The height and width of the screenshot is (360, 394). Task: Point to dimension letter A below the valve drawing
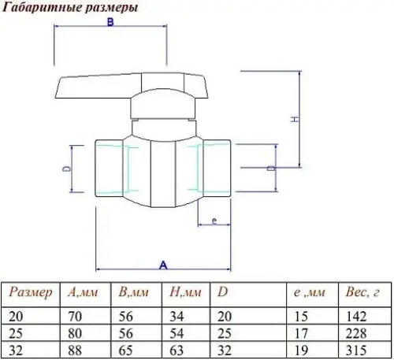pos(164,265)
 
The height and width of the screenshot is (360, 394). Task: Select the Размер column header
pos(31,293)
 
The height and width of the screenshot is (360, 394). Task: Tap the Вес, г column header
pos(363,293)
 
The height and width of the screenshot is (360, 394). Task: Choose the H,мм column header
pos(186,293)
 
